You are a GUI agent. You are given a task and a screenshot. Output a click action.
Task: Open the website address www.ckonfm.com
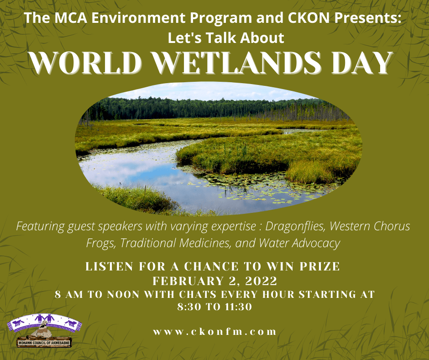[215, 332]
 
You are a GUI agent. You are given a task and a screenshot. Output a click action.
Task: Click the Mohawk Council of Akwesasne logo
[44, 331]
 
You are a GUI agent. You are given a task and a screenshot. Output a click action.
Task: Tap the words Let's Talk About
[226, 38]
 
